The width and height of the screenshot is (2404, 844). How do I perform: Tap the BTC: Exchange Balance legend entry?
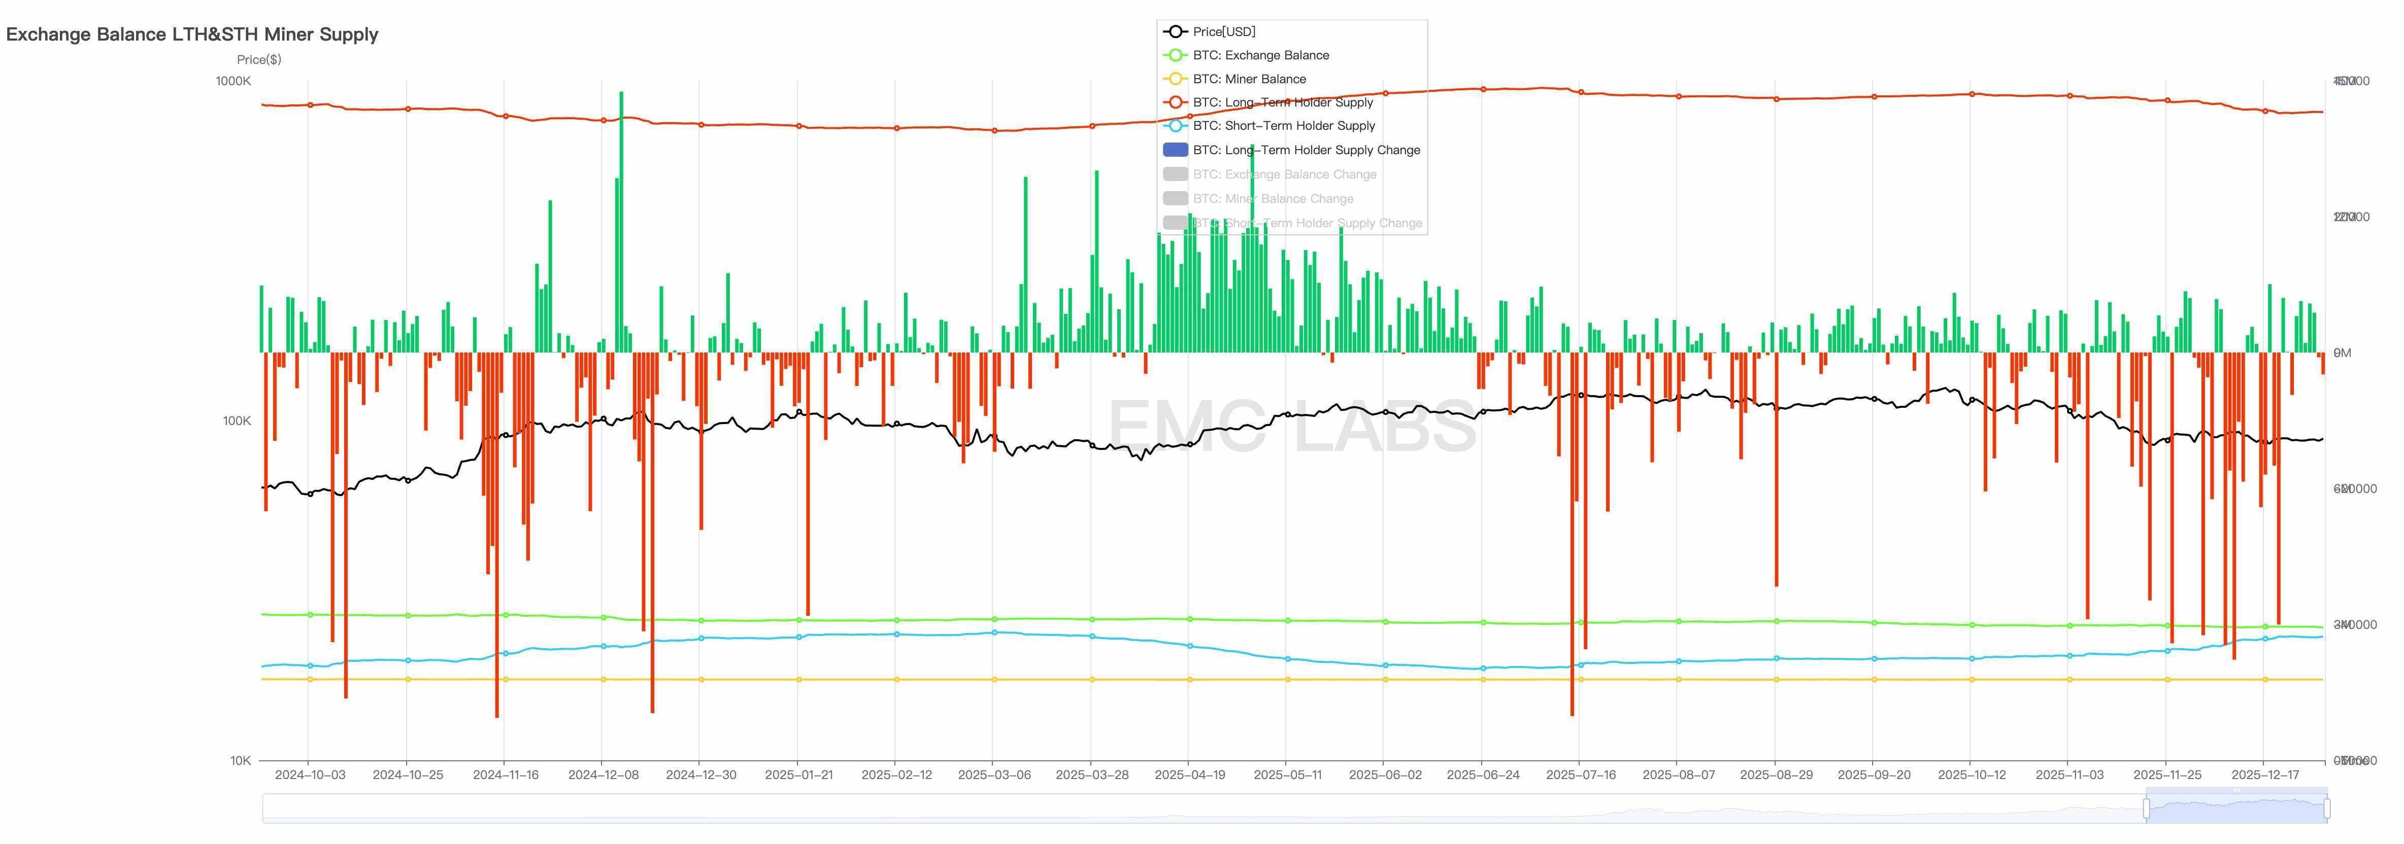point(1260,55)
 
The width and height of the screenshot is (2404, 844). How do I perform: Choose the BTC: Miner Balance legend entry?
point(1249,79)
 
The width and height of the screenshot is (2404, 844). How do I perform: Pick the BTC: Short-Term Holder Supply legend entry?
point(1283,126)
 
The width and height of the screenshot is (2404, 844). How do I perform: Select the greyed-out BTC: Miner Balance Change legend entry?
point(1272,199)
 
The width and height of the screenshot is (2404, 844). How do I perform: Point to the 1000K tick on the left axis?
point(233,81)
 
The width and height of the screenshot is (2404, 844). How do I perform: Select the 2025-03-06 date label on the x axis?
point(994,775)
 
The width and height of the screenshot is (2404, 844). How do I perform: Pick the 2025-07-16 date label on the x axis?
point(1580,775)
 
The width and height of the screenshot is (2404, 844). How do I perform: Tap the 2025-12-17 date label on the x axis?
point(2265,775)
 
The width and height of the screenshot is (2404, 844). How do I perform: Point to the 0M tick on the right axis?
point(2342,353)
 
